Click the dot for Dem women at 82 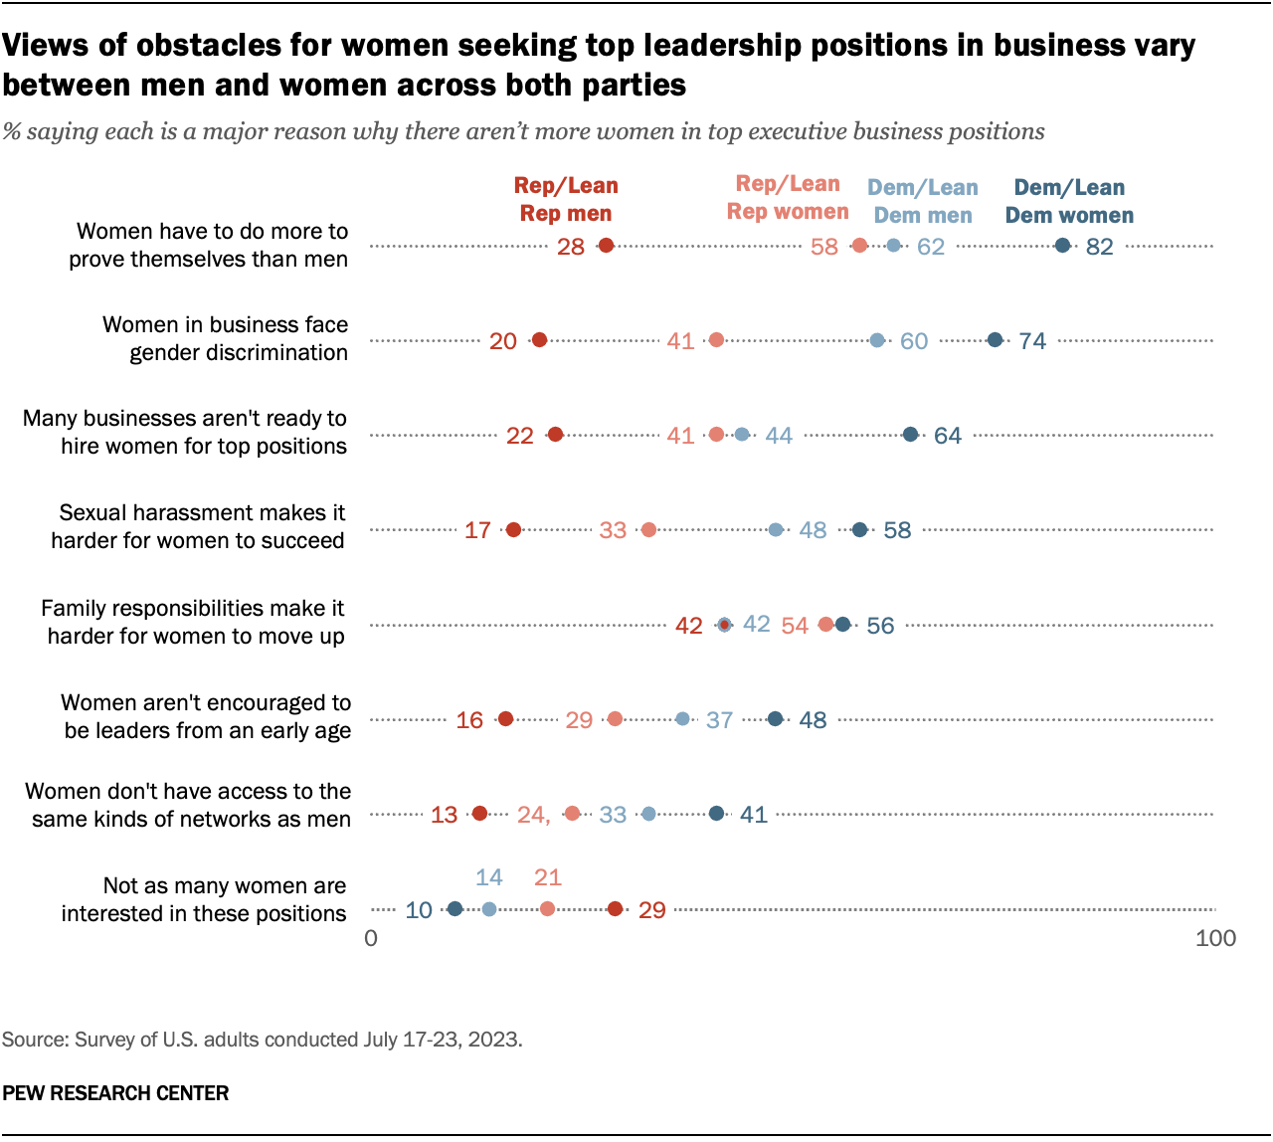(1062, 246)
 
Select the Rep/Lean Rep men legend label (566, 200)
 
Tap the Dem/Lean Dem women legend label (1069, 202)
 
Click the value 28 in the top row (571, 247)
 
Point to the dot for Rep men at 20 (539, 340)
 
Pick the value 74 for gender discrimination (1032, 341)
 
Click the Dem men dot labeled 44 (742, 435)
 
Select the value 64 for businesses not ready (947, 436)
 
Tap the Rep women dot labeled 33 (648, 530)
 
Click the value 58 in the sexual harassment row (897, 530)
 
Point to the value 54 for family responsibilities (795, 626)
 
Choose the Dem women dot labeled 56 (842, 625)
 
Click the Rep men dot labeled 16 (505, 719)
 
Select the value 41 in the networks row (754, 815)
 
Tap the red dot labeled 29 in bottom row (615, 909)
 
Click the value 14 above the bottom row (488, 877)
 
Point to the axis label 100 (1215, 938)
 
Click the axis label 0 (371, 938)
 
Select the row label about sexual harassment (199, 526)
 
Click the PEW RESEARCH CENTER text (115, 1093)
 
